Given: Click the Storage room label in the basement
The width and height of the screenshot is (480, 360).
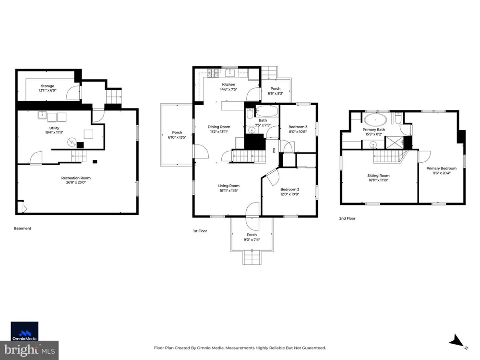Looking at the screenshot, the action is [x=48, y=86].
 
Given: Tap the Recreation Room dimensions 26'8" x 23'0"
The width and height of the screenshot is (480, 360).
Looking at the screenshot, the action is [x=76, y=182].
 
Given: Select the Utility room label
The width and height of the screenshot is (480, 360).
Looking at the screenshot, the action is [x=54, y=128].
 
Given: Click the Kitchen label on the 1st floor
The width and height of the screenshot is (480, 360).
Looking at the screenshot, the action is [x=228, y=84].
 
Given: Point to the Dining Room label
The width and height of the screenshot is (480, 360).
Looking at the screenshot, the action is [x=219, y=127].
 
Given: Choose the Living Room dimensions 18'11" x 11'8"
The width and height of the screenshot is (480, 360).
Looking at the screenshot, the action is [x=228, y=191].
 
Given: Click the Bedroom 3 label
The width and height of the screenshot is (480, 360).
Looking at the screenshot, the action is [x=298, y=127].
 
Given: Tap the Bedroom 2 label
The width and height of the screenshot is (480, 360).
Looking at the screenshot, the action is [x=289, y=190].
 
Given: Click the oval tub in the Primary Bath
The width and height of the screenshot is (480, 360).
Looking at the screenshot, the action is [x=375, y=120].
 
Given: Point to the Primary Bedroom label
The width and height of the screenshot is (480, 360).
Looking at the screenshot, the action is [x=442, y=168].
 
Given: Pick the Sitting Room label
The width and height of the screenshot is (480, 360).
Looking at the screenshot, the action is [x=378, y=176].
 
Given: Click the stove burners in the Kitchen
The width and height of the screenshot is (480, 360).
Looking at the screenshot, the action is [x=213, y=73].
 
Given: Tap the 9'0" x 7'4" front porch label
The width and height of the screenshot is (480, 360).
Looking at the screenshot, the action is [x=252, y=240].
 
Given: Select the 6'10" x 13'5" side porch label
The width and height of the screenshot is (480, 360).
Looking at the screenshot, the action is [x=177, y=137].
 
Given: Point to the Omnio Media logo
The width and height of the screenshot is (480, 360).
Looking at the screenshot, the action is [x=24, y=331].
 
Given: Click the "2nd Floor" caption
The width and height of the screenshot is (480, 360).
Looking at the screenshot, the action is [x=347, y=218].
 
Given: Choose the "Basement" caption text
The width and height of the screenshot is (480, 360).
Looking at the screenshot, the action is [x=23, y=228].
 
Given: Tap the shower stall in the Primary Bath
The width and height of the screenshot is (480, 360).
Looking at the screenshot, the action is [x=394, y=143].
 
